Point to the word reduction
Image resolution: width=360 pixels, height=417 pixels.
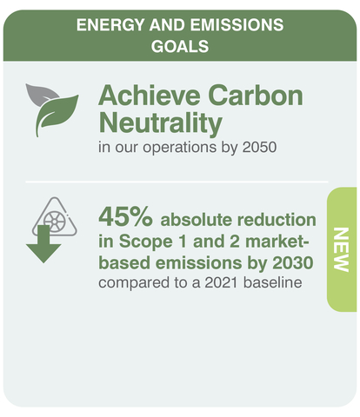coord(278,218)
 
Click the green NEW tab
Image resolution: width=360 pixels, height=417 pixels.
coord(341,250)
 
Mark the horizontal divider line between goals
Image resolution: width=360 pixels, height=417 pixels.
coord(174,183)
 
